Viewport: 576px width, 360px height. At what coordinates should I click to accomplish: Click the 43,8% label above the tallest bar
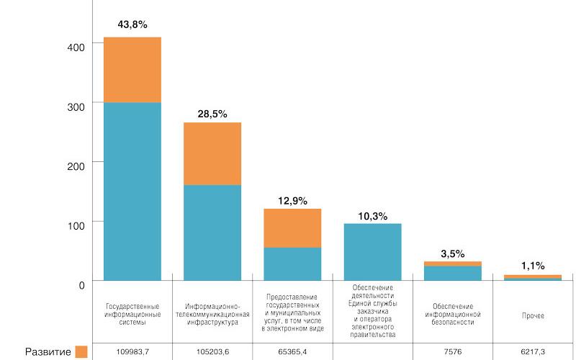coord(132,24)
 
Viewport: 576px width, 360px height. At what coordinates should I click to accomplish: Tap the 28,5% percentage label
coord(212,114)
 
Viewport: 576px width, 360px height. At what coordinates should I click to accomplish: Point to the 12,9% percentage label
coord(292,201)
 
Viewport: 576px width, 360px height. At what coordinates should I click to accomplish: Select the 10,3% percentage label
coord(372,217)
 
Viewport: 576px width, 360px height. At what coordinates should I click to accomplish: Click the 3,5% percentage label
coord(453,254)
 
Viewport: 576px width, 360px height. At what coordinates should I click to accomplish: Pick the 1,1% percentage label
coord(533,266)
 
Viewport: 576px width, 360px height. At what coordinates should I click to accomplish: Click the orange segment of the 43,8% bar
coord(132,70)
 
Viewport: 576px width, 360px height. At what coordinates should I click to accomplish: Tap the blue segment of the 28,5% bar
coord(212,233)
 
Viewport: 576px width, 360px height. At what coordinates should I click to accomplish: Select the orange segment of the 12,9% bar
coord(292,228)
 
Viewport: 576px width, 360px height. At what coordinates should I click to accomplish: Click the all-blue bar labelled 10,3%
coord(372,252)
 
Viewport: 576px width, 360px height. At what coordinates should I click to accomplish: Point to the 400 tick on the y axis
coord(76,48)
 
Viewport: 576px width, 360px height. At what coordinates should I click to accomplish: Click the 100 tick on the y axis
coord(76,225)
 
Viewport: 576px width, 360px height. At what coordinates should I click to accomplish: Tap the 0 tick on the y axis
coord(81,285)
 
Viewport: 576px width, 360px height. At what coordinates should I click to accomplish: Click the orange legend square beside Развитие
coord(81,351)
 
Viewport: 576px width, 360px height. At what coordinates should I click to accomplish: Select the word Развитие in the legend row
coord(48,352)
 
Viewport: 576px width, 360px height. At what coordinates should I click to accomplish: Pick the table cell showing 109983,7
coord(132,351)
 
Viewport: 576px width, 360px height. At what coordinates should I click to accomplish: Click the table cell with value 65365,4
coord(292,351)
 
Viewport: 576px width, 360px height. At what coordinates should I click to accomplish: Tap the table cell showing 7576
coord(453,351)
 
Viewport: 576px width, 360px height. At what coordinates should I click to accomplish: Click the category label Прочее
coord(533,315)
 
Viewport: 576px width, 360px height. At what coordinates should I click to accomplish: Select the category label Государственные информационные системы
coord(132,315)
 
